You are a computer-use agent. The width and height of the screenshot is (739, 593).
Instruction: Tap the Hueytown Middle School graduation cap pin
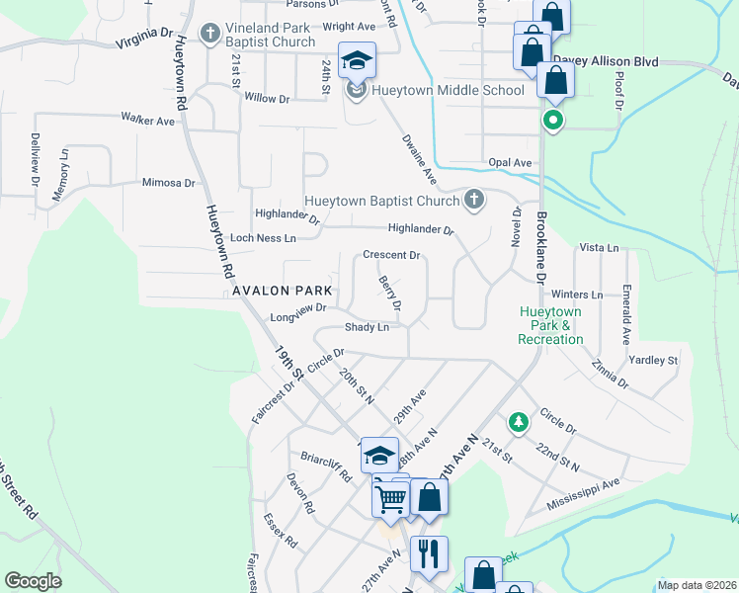pos(357,61)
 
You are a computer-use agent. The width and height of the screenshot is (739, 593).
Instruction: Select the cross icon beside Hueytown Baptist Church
pos(474,201)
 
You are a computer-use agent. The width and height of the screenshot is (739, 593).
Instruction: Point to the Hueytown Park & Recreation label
pos(551,325)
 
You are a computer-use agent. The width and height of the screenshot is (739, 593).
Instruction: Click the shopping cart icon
pos(390,499)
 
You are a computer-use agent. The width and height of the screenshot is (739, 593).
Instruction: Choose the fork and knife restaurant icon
pos(429,553)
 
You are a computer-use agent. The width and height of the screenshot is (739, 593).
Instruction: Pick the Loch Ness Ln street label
pos(263,238)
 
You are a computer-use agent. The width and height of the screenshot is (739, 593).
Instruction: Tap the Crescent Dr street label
pos(392,255)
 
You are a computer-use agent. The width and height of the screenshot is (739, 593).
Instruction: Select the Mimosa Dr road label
pos(168,183)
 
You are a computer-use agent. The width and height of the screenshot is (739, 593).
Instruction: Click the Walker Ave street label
pos(147,120)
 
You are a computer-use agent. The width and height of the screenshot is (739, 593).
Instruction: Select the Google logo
pos(33,581)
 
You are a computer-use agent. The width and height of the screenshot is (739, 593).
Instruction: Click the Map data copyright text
pos(697,585)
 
